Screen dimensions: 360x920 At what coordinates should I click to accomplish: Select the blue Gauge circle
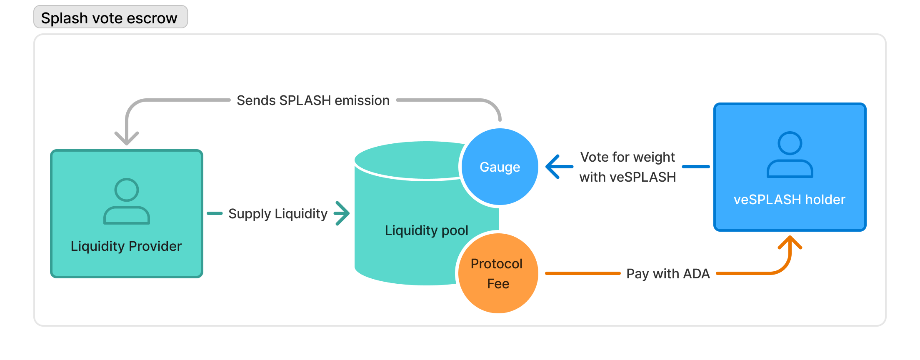[x=500, y=167]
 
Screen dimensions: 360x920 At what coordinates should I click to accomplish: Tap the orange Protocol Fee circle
[x=497, y=273]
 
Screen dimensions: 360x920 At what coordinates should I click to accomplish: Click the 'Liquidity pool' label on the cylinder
[x=426, y=230]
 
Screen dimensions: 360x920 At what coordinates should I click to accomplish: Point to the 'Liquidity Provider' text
[x=126, y=246]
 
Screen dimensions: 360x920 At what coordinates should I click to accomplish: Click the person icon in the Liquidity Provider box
[x=127, y=201]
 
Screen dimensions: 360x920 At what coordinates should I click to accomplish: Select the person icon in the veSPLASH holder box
[x=790, y=155]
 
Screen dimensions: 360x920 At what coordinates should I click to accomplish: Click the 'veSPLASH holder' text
[x=789, y=200]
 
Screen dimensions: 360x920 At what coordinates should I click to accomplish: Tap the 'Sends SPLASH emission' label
[x=313, y=100]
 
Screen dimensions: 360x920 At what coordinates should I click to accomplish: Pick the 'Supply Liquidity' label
[x=278, y=214]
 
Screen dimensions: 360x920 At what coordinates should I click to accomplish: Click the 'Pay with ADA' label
[x=668, y=274]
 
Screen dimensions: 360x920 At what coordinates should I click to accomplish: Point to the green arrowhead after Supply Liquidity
[x=342, y=213]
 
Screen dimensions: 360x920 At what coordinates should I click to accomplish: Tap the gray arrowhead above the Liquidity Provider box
[x=127, y=138]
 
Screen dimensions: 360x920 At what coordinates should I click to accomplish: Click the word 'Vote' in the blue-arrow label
[x=595, y=157]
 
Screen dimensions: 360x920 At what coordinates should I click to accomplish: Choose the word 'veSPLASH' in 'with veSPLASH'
[x=642, y=177]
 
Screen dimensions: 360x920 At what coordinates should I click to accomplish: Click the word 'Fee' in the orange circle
[x=498, y=284]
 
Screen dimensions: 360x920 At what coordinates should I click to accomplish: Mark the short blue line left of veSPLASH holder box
[x=696, y=167]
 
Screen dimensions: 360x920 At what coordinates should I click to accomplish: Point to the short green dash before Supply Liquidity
[x=215, y=213]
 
